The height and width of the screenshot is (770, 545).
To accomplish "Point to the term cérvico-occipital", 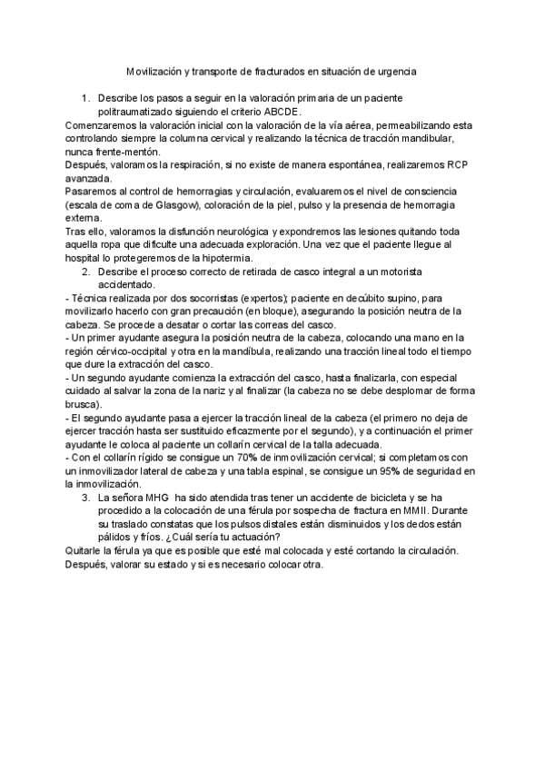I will coord(136,351).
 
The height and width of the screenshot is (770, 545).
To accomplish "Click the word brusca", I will coord(86,404).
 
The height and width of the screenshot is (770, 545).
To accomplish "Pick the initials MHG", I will coord(155,498).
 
